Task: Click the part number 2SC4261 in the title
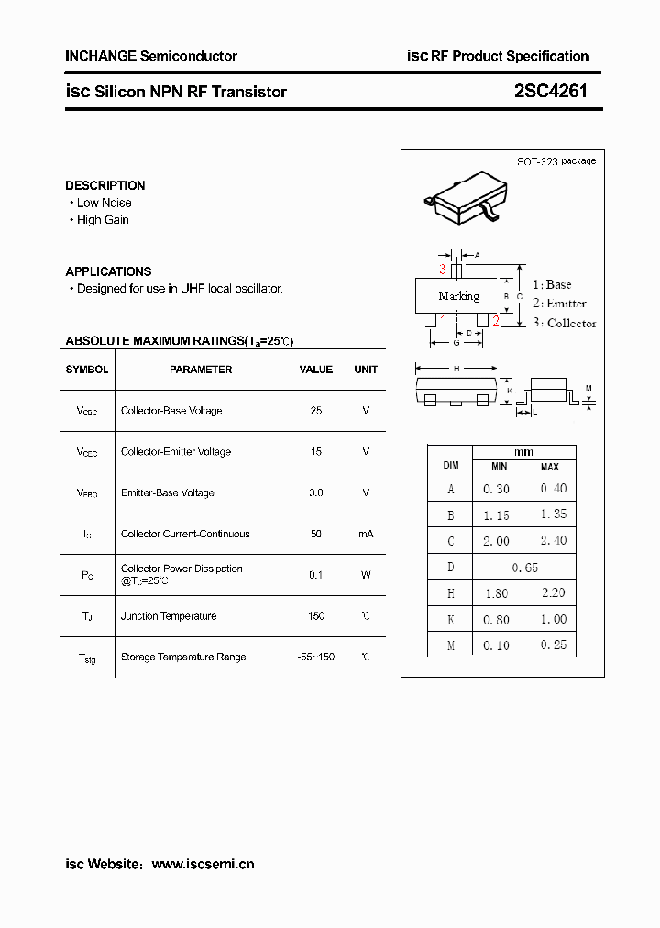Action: [x=550, y=91]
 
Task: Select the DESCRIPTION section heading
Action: [x=105, y=185]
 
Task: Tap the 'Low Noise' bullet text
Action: [x=104, y=203]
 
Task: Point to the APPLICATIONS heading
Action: [x=108, y=271]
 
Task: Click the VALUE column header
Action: [x=316, y=370]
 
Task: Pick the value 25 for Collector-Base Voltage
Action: [x=316, y=411]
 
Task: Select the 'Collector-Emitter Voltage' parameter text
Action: [x=176, y=451]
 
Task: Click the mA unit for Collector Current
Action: [x=366, y=534]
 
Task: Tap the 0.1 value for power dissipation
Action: [x=316, y=575]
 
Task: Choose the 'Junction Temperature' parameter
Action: [x=169, y=616]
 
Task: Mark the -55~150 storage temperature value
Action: [x=316, y=657]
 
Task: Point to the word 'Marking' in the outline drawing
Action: [x=459, y=296]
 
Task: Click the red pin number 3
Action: [x=443, y=269]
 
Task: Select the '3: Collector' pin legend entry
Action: [x=564, y=323]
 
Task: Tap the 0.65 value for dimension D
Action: [x=524, y=568]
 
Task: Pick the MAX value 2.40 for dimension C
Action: [x=554, y=541]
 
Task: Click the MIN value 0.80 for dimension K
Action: [x=496, y=620]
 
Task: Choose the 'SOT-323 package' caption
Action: [x=555, y=160]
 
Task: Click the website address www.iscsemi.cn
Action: [x=203, y=864]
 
